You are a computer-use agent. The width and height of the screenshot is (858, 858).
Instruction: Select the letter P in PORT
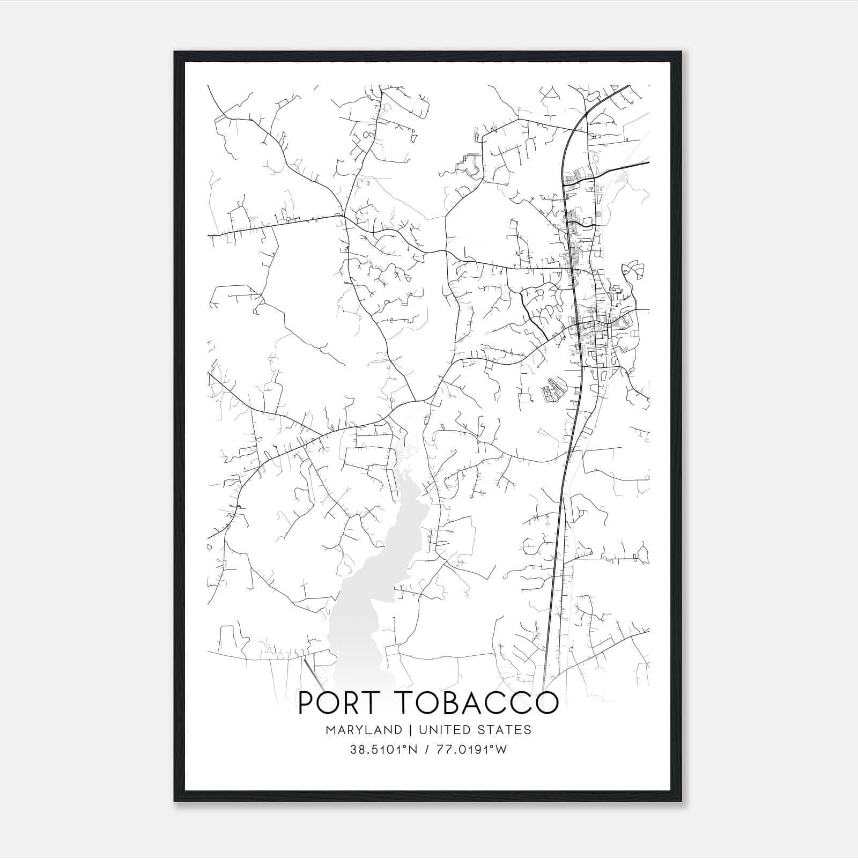tap(306, 703)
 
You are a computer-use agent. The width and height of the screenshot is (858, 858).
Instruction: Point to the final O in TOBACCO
tap(545, 703)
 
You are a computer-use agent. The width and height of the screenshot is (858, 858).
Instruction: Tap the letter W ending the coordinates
tap(501, 750)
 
